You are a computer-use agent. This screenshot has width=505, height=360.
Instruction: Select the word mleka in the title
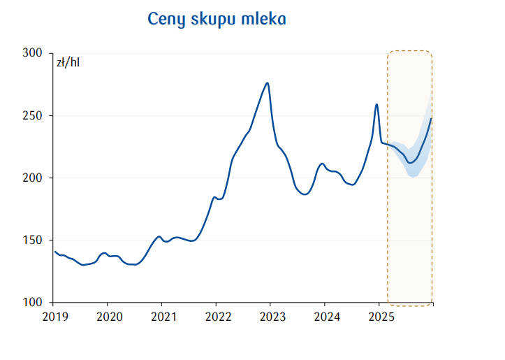[263, 19]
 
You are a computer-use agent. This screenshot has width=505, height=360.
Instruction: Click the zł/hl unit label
[68, 63]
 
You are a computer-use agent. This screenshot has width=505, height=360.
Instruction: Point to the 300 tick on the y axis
[34, 53]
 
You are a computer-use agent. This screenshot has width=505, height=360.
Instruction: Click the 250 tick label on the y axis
[34, 115]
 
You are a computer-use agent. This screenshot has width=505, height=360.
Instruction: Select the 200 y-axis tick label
[34, 178]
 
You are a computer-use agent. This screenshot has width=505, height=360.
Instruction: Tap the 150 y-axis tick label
[34, 240]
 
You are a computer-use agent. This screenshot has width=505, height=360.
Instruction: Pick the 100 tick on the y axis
[34, 303]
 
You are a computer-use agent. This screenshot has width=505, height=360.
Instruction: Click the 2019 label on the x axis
[54, 316]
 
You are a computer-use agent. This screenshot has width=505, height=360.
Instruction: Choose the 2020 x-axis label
[108, 316]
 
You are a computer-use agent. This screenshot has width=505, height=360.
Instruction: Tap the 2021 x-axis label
[162, 316]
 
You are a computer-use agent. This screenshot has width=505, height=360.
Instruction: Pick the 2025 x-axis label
[379, 316]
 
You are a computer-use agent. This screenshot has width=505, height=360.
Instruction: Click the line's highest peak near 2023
[268, 83]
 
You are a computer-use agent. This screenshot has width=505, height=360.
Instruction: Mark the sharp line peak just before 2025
[376, 104]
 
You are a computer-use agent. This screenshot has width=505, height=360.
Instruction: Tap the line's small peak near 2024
[322, 164]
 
